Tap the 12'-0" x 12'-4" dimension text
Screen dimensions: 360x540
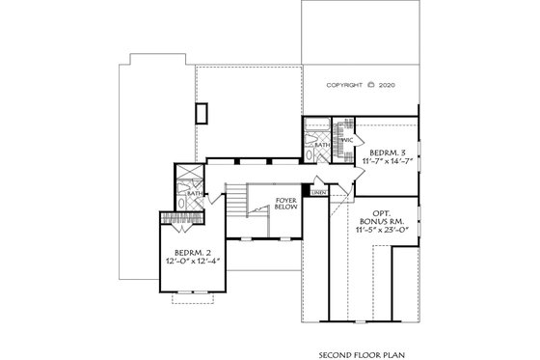click(x=192, y=262)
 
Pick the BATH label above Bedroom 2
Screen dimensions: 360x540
click(x=194, y=193)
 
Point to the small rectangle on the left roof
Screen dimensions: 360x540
click(x=201, y=113)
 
